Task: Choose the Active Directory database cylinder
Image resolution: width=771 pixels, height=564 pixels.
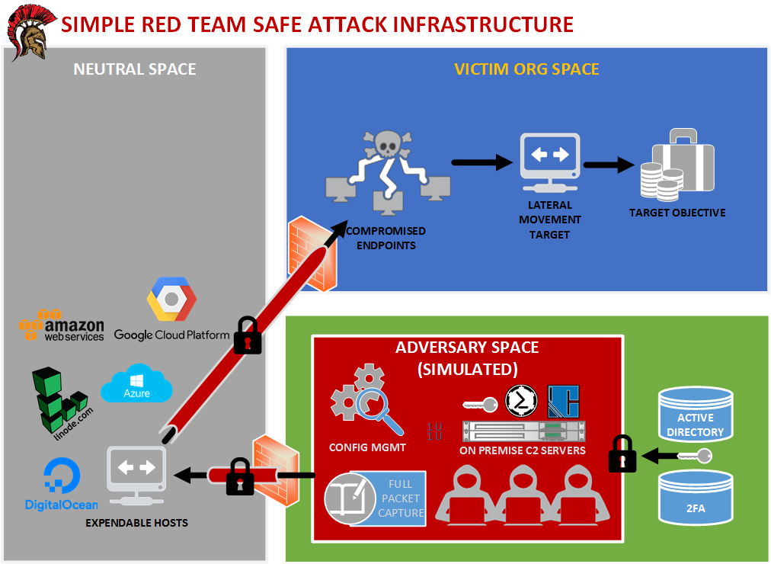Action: [x=695, y=416]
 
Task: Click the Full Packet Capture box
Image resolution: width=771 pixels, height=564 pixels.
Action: [x=376, y=498]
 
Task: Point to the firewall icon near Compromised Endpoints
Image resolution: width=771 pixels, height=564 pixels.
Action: [x=312, y=255]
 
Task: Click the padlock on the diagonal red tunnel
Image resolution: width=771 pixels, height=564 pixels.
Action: [x=247, y=335]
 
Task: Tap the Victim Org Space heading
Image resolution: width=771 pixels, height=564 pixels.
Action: [x=526, y=69]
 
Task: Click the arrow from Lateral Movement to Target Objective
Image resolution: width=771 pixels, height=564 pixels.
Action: [x=609, y=165]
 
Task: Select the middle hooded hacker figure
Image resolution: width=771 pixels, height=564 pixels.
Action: [x=518, y=495]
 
